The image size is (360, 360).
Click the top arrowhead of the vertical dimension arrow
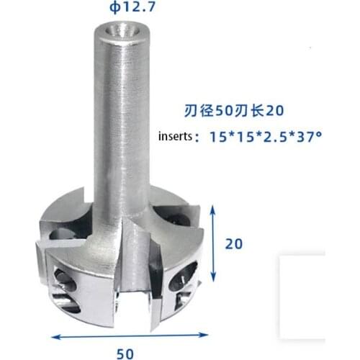click(x=214, y=208)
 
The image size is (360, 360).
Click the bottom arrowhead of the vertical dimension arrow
click(x=214, y=280)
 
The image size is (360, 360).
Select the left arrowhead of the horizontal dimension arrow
click(x=54, y=336)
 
